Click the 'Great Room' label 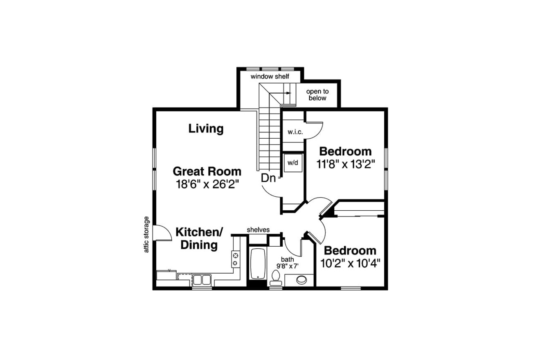(207, 171)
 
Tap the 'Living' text (206, 129)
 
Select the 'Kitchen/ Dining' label (199, 239)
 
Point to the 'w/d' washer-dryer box (292, 163)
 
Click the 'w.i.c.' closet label (295, 132)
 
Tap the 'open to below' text (317, 95)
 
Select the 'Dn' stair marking (268, 178)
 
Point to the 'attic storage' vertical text (147, 234)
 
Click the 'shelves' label (258, 230)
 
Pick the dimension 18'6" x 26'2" (207, 184)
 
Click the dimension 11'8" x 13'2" (346, 164)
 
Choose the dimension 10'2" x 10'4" (350, 263)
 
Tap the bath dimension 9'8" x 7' (287, 265)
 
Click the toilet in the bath (274, 280)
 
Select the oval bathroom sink (301, 280)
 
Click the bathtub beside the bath (257, 263)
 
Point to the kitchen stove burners (236, 259)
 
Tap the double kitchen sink (202, 280)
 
